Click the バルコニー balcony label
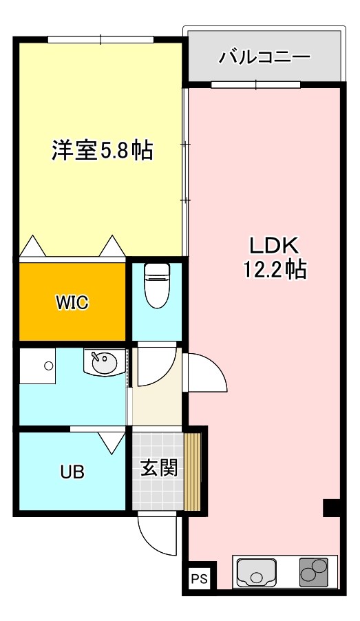[264, 56]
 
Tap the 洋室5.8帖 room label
[102, 150]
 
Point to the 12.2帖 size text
[274, 269]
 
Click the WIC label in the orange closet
[72, 302]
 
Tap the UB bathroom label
[72, 472]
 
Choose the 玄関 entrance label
[160, 468]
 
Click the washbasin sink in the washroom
[104, 363]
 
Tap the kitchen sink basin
[257, 571]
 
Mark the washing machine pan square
[37, 366]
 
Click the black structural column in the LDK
[332, 508]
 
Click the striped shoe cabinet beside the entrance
[192, 472]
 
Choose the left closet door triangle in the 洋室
[33, 246]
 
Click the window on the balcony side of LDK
[255, 85]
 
